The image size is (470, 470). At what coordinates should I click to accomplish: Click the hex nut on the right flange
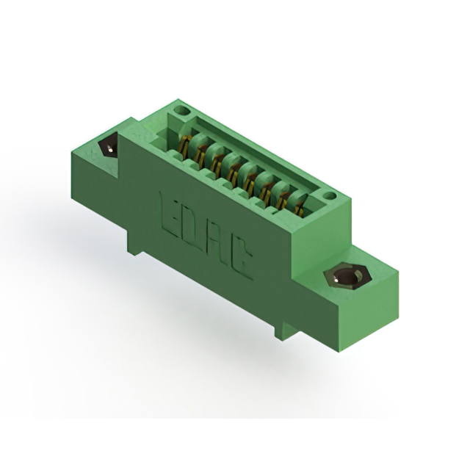coord(347,275)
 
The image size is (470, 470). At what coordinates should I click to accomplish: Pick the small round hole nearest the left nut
coord(181,111)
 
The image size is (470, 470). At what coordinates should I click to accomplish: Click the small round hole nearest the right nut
coord(330,196)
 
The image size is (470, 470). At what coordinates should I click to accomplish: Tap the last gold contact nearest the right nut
coord(300,207)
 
